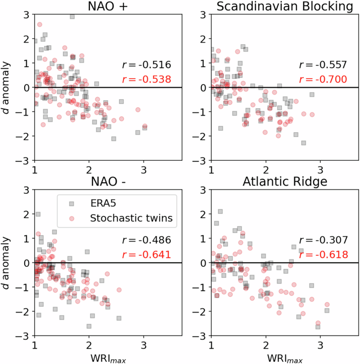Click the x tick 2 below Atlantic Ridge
pyautogui.click(x=266, y=345)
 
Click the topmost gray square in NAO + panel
pyautogui.click(x=72, y=16)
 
